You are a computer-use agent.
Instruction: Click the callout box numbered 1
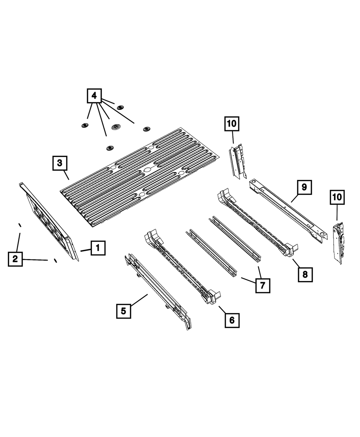point(98,248)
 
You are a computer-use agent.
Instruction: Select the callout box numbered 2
point(15,259)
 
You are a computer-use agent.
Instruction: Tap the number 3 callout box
point(59,163)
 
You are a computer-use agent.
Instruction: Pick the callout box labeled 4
point(94,96)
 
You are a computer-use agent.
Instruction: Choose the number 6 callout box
point(232,320)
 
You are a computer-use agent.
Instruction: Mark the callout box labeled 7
point(262,286)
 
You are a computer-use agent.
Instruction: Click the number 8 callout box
point(305,275)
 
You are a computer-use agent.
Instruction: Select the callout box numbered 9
point(304,187)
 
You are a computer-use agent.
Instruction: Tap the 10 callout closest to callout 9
point(337,198)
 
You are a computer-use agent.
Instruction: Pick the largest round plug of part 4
point(117,127)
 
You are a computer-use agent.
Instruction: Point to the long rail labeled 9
point(288,209)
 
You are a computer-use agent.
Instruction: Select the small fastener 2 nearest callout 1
point(55,261)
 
